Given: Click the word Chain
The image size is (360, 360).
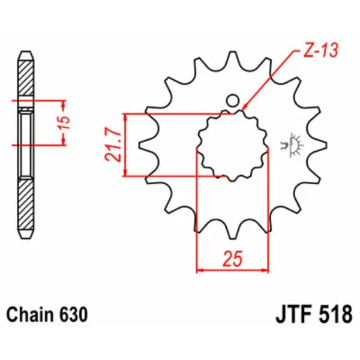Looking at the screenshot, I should (x=30, y=314).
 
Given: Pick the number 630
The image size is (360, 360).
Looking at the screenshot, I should (x=74, y=314).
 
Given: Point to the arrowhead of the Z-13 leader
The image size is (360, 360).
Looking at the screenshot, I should (x=245, y=110).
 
